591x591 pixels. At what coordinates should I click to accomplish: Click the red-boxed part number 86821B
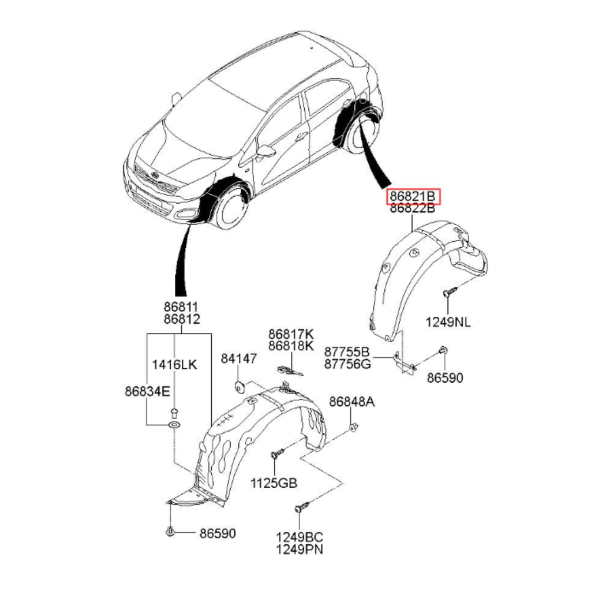[x=413, y=197]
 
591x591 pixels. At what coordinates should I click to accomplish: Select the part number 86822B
[x=413, y=209]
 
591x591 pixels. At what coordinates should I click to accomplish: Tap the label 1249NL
[x=448, y=322]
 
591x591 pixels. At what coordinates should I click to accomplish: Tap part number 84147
[x=238, y=359]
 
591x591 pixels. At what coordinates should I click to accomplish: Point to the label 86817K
[x=291, y=334]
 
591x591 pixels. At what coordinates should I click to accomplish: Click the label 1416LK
[x=174, y=364]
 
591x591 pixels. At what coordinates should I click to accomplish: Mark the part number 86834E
[x=147, y=391]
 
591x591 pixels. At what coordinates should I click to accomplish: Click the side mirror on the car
[x=266, y=151]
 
